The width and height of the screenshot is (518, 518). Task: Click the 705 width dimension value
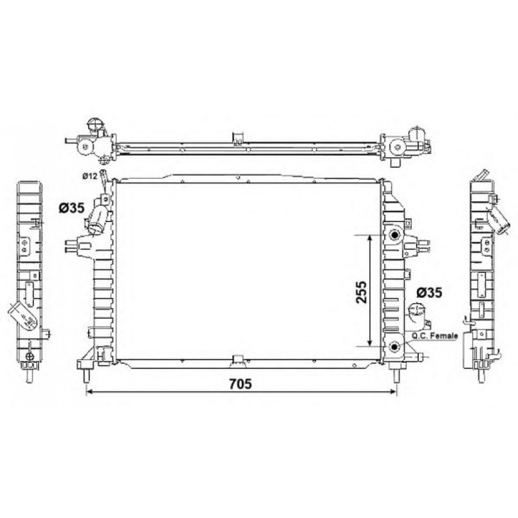click(x=241, y=384)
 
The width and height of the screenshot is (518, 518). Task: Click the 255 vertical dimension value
click(x=361, y=292)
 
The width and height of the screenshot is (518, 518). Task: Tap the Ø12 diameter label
click(x=89, y=176)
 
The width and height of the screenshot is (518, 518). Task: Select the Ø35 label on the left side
click(x=71, y=208)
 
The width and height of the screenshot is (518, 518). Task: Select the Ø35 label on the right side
click(x=429, y=292)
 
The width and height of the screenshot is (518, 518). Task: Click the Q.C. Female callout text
click(x=434, y=336)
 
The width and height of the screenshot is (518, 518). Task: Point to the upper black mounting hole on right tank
click(x=394, y=235)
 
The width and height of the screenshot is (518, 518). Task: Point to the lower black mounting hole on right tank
click(x=394, y=347)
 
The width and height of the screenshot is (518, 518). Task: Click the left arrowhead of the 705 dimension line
click(x=88, y=391)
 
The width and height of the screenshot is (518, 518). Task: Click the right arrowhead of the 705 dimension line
click(x=393, y=391)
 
